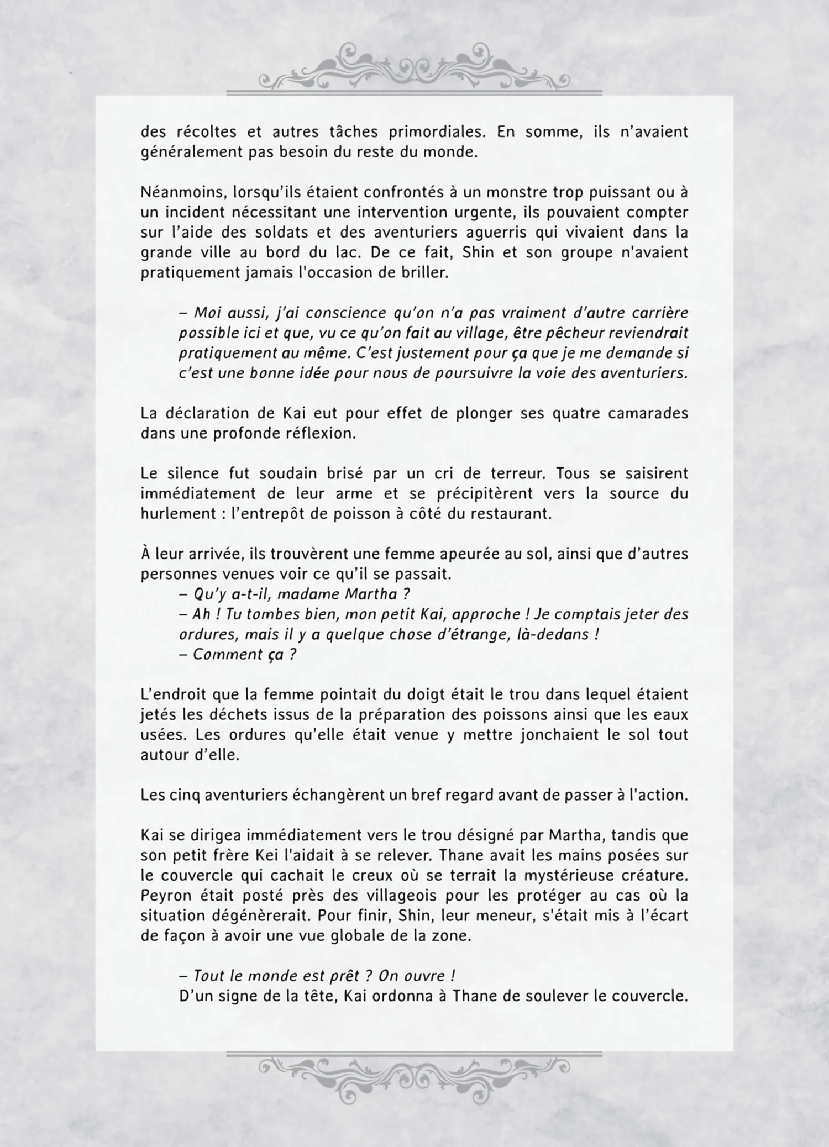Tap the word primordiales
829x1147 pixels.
point(436,132)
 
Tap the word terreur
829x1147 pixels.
point(517,473)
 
